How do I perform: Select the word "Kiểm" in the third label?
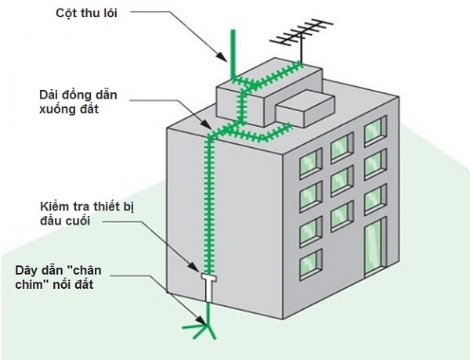pyautogui.click(x=56, y=206)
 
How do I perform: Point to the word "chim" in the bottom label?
pyautogui.click(x=29, y=285)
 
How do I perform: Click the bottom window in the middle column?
pyautogui.click(x=341, y=213)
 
